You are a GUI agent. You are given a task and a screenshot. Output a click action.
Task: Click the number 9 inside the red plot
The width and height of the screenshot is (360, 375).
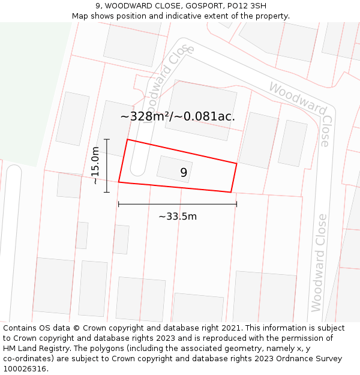point(184,173)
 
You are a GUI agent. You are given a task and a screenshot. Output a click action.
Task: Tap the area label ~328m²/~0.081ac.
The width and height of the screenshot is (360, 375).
point(178,116)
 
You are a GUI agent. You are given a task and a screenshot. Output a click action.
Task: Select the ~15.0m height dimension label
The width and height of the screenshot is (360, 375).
point(95,166)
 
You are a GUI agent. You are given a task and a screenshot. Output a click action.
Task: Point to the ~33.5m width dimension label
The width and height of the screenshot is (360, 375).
point(178,217)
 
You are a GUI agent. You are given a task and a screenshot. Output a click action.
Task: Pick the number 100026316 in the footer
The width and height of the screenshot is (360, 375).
point(24,368)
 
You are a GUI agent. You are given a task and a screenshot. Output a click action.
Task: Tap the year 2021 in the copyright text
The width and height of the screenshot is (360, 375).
point(231,328)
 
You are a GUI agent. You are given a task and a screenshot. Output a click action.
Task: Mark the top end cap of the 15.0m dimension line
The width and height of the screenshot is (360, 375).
point(107,139)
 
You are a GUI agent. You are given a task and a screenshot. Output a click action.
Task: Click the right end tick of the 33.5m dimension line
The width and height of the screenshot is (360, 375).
point(236,204)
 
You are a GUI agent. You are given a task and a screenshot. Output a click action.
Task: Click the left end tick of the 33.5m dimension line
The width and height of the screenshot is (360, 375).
point(119,204)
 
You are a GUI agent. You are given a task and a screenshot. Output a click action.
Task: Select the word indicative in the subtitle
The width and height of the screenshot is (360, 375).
point(178,16)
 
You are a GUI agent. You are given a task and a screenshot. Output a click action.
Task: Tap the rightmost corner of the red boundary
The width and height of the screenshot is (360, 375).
point(236,163)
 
